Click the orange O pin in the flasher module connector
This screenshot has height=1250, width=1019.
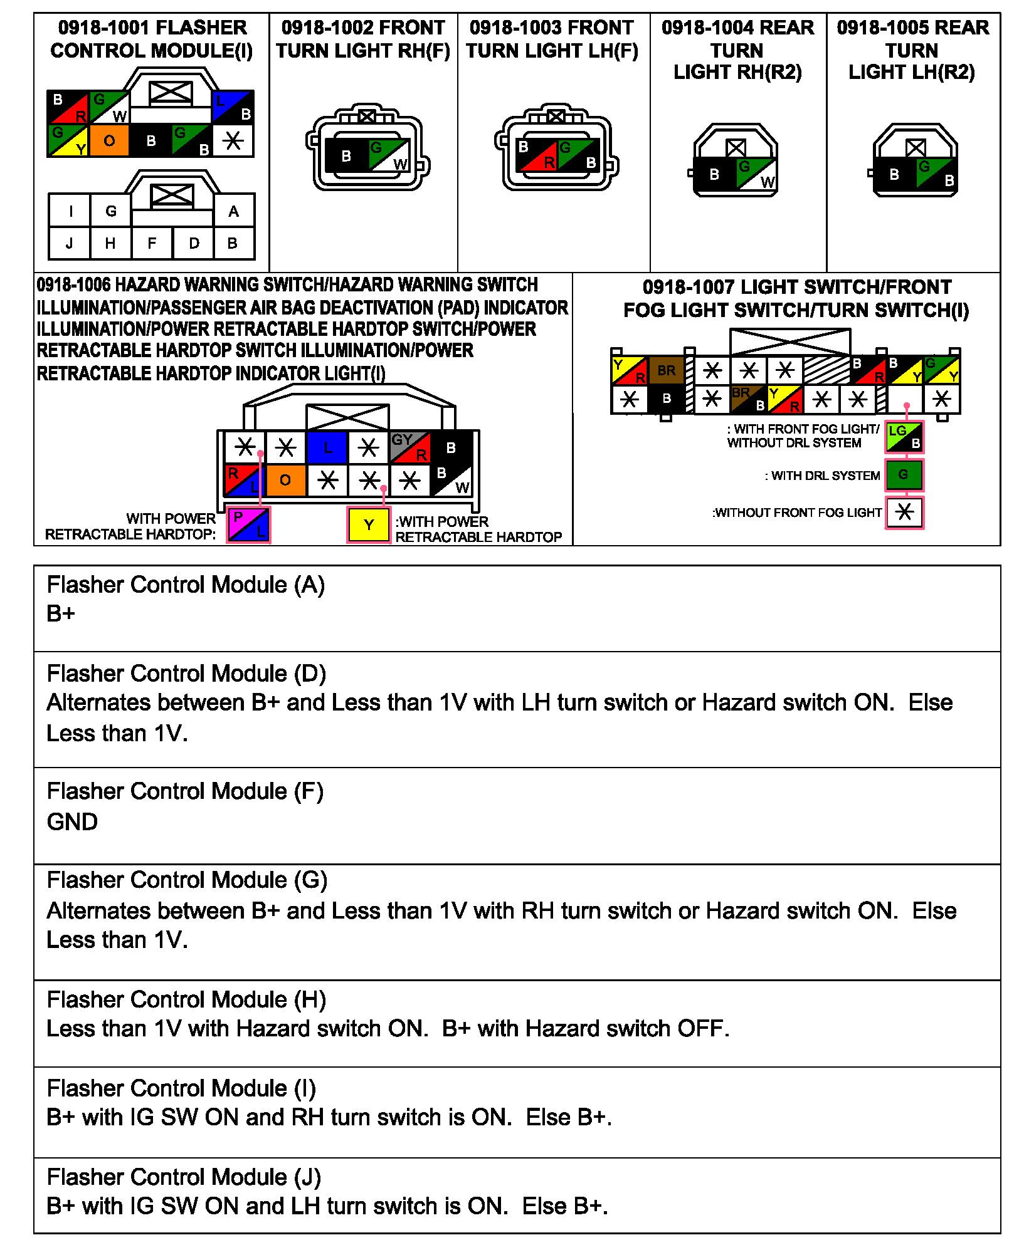[x=109, y=140]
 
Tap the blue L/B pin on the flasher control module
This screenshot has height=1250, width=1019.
[x=233, y=107]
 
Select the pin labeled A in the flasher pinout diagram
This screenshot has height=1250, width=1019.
[x=234, y=212]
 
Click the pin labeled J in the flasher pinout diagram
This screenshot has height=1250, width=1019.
[x=69, y=243]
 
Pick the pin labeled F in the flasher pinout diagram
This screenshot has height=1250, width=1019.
[x=152, y=243]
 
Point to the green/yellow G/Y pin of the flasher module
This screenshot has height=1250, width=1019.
[x=68, y=140]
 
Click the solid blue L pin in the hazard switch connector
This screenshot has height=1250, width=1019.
[x=327, y=448]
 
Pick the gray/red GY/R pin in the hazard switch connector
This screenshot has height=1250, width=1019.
[x=409, y=447]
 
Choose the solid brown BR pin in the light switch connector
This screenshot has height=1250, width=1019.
[x=666, y=371]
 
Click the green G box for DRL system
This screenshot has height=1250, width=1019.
[x=904, y=475]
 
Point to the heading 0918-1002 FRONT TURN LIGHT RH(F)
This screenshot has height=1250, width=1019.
[x=363, y=39]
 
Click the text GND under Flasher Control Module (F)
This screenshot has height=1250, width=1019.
[x=72, y=821]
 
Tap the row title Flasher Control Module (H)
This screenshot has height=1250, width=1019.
[x=186, y=999]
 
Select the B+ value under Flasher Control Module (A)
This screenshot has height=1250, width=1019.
[x=61, y=613]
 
